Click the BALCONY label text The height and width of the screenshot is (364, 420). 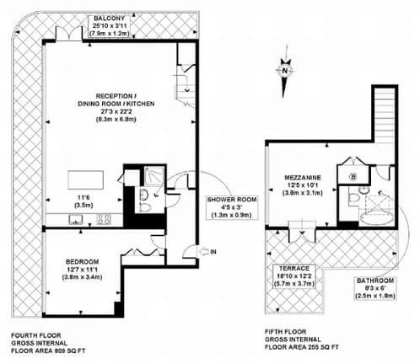pyautogui.click(x=109, y=19)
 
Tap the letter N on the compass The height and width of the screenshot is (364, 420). pyautogui.click(x=285, y=71)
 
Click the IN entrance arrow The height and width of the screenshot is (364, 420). pyautogui.click(x=203, y=252)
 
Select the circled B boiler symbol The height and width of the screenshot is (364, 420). pyautogui.click(x=353, y=177)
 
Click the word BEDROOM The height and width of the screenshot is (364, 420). pyautogui.click(x=82, y=262)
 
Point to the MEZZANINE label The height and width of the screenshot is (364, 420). pyautogui.click(x=303, y=178)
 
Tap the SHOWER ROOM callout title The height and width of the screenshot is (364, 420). pyautogui.click(x=232, y=200)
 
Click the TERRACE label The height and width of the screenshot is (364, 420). pyautogui.click(x=294, y=268)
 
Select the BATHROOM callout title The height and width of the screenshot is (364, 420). pyautogui.click(x=375, y=281)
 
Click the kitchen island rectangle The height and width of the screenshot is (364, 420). pyautogui.click(x=85, y=180)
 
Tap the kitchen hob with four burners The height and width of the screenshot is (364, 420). pyautogui.click(x=104, y=219)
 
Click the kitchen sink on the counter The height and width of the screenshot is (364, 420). pyautogui.click(x=76, y=219)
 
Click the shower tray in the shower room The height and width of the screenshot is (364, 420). pyautogui.click(x=153, y=176)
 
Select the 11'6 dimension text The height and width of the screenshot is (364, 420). pyautogui.click(x=83, y=198)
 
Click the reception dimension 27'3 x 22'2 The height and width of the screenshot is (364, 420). pyautogui.click(x=116, y=111)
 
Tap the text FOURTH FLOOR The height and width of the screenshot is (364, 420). pyautogui.click(x=36, y=335)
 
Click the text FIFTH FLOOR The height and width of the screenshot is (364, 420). pyautogui.click(x=285, y=332)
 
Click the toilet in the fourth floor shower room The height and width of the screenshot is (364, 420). pyautogui.click(x=145, y=207)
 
